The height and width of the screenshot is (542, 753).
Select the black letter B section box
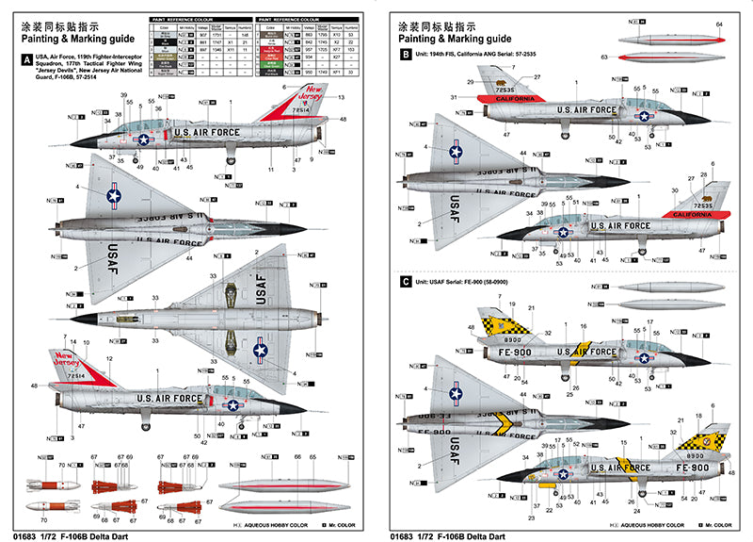406,56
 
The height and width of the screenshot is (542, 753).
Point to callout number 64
719,24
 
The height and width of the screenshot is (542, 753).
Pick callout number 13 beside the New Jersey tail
340,98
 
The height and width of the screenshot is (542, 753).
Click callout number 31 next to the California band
454,98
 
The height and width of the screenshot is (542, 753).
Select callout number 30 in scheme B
674,191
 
